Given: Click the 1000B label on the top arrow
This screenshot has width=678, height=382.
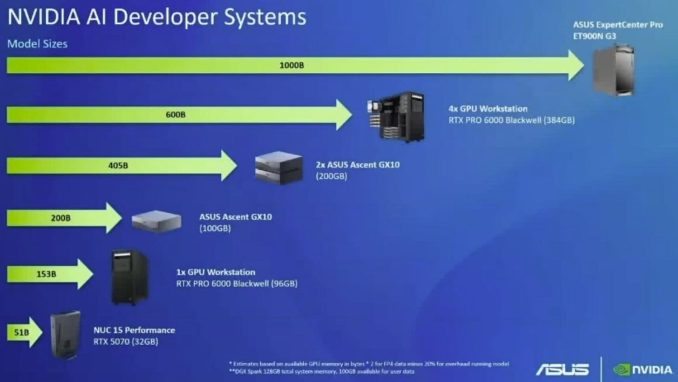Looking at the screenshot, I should [292, 65].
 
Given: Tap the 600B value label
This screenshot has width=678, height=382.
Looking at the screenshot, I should [176, 114].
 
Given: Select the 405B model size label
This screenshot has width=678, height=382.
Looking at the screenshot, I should [118, 165].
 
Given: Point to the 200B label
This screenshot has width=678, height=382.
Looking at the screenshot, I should [61, 218].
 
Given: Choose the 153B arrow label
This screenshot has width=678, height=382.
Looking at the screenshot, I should [46, 274].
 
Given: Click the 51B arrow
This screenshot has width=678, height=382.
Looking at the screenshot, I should [23, 332].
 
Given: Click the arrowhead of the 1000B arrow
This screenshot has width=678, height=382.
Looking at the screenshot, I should [576, 65].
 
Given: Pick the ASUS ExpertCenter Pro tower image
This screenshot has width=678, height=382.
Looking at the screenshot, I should [614, 70].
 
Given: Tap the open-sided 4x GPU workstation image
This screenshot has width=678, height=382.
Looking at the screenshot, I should [396, 117].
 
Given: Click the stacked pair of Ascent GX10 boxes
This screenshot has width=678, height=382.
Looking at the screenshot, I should [279, 167].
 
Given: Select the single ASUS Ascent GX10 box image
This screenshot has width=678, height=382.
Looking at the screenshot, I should [156, 221].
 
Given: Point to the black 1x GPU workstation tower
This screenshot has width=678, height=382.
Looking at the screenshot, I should [129, 277].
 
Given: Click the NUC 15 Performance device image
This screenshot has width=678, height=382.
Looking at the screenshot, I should [65, 334].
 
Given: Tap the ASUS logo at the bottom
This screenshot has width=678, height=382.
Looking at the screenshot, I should [563, 369].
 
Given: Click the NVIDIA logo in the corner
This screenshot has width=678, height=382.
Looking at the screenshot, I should [643, 369].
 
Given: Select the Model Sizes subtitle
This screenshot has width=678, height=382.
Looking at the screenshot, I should [37, 44].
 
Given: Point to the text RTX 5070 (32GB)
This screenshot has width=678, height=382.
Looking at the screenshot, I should [126, 342].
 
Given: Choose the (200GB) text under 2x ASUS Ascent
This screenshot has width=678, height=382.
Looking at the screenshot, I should [331, 176].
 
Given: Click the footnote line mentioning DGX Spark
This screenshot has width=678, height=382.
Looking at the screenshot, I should [321, 372].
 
